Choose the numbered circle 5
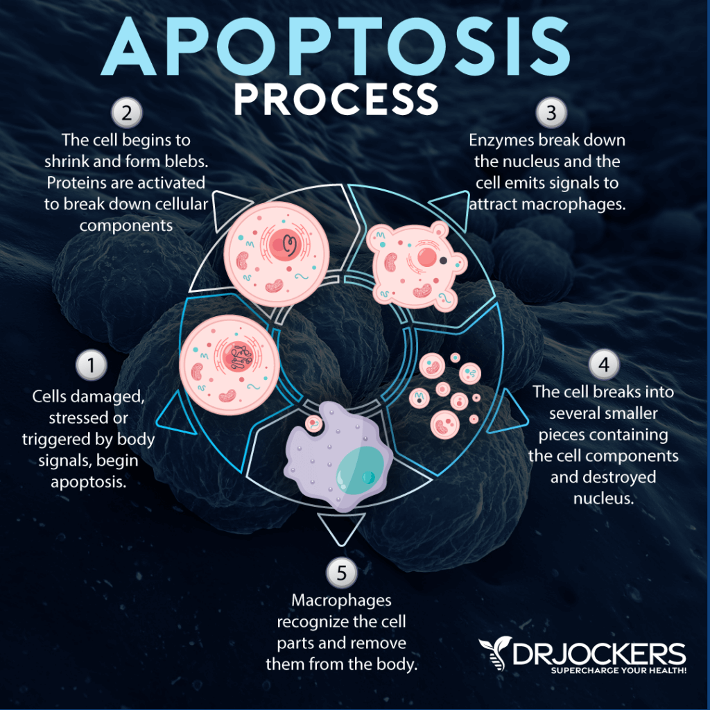tap(340, 572)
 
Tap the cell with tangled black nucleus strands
tap(230, 360)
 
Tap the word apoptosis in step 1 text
tap(88, 481)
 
